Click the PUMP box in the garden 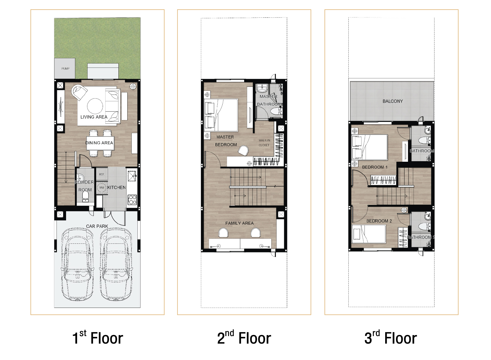click(65, 69)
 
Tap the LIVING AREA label click(94, 117)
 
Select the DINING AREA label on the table click(99, 143)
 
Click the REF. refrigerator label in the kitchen click(102, 174)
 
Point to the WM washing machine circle click(102, 188)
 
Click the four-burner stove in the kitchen click(132, 200)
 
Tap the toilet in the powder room click(85, 196)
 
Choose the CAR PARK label click(97, 226)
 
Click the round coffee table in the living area click(95, 106)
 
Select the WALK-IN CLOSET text click(264, 143)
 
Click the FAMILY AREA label click(239, 223)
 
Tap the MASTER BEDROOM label click(226, 141)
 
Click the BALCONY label click(393, 101)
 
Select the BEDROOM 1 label click(375, 167)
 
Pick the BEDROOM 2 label click(379, 221)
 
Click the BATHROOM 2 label click(421, 237)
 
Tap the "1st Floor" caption click(98, 338)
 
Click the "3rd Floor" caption click(391, 338)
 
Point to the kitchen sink click(132, 176)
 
